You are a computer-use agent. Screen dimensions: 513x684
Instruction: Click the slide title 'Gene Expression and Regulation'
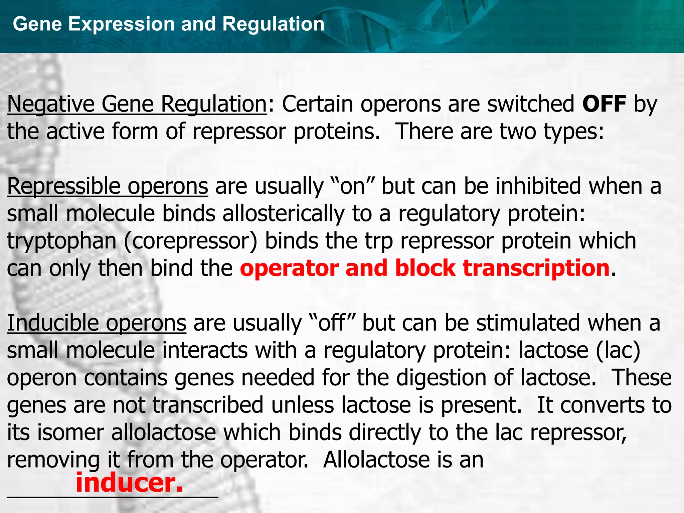pos(169,24)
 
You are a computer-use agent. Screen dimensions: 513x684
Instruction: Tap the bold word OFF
pos(604,104)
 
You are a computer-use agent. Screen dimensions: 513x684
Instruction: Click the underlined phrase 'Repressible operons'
pos(108,186)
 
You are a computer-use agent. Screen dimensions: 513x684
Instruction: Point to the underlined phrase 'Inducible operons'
pos(97,323)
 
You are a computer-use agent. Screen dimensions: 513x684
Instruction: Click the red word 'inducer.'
pos(130,483)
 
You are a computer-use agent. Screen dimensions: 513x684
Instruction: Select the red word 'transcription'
pos(536,269)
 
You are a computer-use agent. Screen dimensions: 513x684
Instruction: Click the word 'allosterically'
pos(284,214)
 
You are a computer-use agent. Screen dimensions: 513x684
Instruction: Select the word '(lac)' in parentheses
pos(618,351)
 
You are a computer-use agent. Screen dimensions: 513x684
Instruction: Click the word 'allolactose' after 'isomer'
pos(164,433)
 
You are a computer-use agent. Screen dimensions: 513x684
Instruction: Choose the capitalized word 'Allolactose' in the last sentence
pos(376,460)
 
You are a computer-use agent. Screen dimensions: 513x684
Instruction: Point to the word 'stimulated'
pos(528,323)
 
